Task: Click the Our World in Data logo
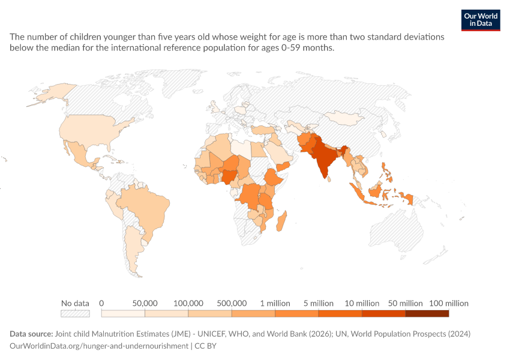tap(481, 20)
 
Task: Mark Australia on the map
tap(396, 231)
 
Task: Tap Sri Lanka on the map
tap(329, 179)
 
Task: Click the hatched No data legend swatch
tap(75, 313)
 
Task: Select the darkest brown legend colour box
tap(427, 313)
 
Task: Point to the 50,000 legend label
tap(145, 304)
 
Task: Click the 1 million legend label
tap(275, 304)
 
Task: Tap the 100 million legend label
tap(449, 304)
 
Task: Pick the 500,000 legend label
tap(232, 304)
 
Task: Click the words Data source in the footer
tap(31, 334)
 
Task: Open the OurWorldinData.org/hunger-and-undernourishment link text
tap(99, 346)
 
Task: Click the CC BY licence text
tap(206, 346)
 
